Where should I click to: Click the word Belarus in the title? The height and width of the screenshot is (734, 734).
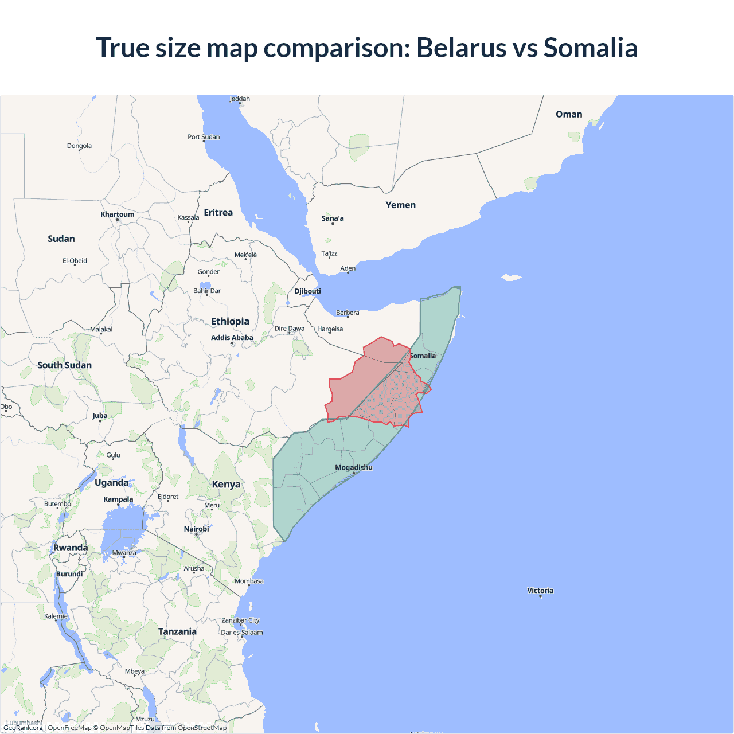tap(461, 48)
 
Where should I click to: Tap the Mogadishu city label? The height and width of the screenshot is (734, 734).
tap(353, 467)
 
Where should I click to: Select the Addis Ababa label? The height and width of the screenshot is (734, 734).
tap(232, 338)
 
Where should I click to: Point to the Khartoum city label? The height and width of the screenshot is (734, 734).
tap(118, 214)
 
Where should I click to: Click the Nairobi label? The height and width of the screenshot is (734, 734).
tap(196, 529)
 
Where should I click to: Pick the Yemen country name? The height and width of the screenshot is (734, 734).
tap(400, 205)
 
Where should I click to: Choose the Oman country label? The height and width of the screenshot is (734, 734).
tap(569, 114)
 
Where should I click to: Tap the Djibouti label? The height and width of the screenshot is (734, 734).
tap(308, 291)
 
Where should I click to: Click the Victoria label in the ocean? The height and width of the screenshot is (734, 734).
tap(540, 591)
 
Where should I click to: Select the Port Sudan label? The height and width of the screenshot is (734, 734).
tap(204, 137)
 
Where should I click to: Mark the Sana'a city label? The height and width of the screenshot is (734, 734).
tap(333, 218)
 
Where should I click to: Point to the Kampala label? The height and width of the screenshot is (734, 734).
tap(118, 499)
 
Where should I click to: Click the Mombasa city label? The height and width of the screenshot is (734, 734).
tap(249, 581)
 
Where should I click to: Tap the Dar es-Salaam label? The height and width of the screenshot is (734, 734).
tap(242, 633)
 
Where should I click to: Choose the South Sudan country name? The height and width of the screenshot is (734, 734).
tap(64, 365)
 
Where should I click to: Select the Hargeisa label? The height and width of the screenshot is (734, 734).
tap(330, 329)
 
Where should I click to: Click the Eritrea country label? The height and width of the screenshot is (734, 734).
tap(218, 213)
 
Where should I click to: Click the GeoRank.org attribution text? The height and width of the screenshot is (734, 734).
tap(23, 728)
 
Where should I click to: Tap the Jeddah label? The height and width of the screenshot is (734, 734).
tap(240, 99)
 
